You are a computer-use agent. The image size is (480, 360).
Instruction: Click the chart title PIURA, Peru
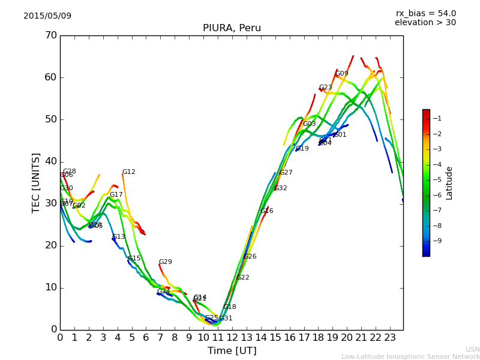pos(232,28)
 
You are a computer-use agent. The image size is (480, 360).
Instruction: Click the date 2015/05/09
pos(47,16)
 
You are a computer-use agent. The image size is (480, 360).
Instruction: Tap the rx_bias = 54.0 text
pos(425,13)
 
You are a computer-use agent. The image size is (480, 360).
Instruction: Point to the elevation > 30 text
pos(425,23)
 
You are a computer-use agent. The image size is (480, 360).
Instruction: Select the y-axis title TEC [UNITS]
pos(36,182)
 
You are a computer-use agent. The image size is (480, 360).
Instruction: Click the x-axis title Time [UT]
pos(232,351)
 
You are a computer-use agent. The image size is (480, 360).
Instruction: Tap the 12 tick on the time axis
pos(232,338)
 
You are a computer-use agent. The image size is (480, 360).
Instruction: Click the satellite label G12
pos(129,172)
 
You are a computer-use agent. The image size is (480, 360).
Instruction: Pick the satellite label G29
pos(166,262)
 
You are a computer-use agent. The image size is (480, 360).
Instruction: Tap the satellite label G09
pos(342,74)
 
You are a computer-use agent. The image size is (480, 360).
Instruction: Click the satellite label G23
pos(326,88)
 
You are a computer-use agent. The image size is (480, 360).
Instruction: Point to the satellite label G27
pos(286,173)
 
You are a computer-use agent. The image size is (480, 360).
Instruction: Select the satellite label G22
pos(243,278)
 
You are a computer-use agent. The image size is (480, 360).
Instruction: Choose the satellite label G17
pos(116,195)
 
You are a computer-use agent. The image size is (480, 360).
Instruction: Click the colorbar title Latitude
pos(449,182)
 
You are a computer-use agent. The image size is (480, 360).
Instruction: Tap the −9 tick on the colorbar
pos(437,241)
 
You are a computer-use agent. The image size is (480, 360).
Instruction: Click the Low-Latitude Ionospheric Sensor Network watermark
pos(410,356)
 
